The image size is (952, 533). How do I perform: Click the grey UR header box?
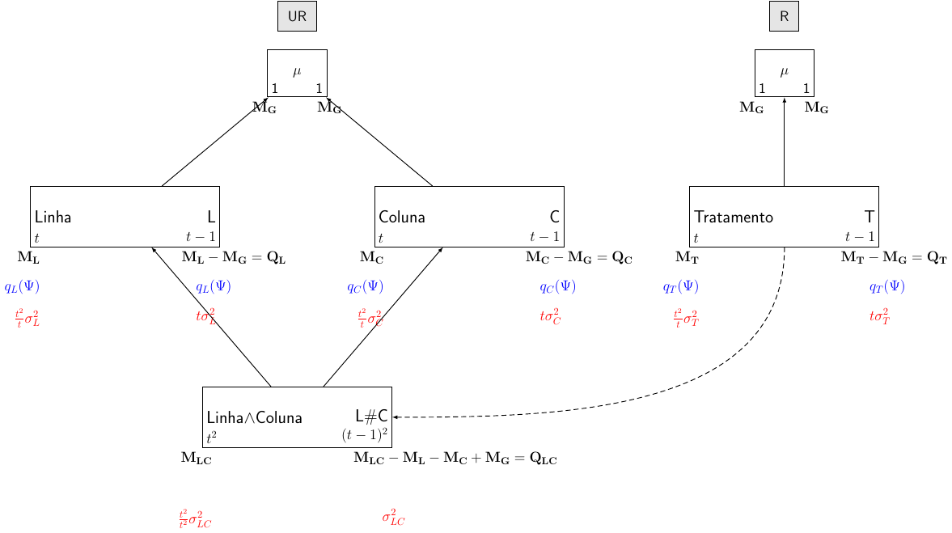297,16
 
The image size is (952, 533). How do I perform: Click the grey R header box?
784,16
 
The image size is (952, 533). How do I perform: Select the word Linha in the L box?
53,218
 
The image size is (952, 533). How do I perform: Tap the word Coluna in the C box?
402,218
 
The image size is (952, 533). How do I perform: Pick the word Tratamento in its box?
734,218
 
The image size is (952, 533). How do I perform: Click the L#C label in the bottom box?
371,416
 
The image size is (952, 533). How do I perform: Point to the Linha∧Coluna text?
255,418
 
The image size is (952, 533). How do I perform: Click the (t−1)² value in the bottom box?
365,435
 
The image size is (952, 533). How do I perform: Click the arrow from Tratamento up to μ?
785,142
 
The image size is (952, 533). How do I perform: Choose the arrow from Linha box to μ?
214,142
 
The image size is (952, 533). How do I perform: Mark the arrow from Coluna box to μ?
380,142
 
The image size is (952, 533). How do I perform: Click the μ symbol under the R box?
784,71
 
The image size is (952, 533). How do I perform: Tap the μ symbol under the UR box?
297,71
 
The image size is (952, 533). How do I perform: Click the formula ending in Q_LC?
455,459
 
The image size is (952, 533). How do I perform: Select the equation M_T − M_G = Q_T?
894,258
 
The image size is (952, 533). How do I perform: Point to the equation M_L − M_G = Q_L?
234,258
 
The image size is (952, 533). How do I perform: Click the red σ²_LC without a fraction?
393,518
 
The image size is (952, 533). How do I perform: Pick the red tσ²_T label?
880,316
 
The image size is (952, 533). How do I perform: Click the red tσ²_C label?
551,316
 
